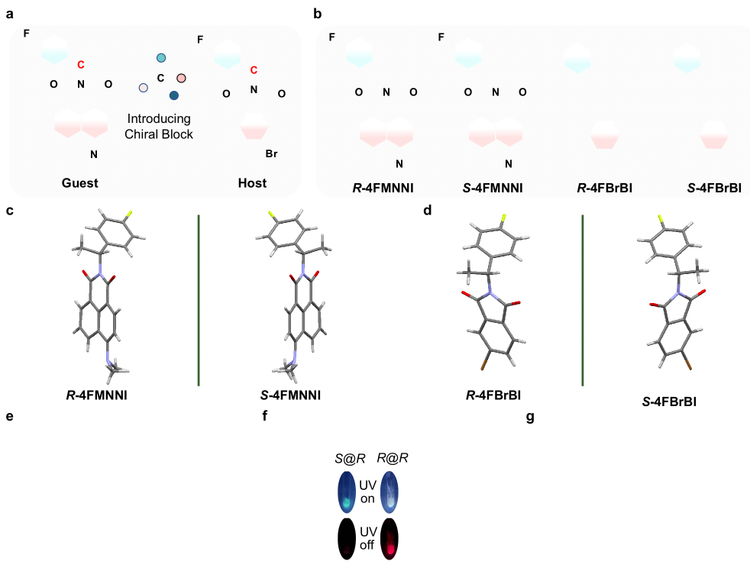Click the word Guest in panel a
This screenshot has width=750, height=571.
(x=81, y=183)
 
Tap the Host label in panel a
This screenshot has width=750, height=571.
(x=254, y=183)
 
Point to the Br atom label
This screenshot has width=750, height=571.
(x=271, y=154)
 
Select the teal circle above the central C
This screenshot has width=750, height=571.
(x=161, y=58)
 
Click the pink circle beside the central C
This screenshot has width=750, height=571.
(x=181, y=78)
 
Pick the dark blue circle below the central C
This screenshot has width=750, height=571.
(x=174, y=95)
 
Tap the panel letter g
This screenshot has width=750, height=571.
(x=530, y=418)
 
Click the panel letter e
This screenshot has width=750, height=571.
(x=9, y=418)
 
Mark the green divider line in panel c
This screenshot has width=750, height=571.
(x=199, y=300)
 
